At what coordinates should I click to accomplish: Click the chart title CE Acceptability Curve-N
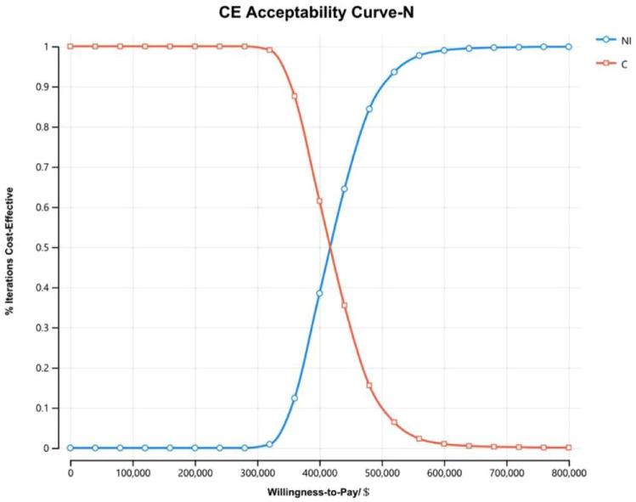[x=318, y=11]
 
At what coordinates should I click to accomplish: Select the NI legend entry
[x=614, y=39]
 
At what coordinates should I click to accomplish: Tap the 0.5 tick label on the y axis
[x=53, y=247]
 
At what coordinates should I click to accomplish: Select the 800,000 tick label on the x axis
[x=568, y=469]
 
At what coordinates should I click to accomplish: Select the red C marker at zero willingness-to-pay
[x=70, y=46]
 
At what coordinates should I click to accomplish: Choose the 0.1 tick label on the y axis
[x=53, y=408]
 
